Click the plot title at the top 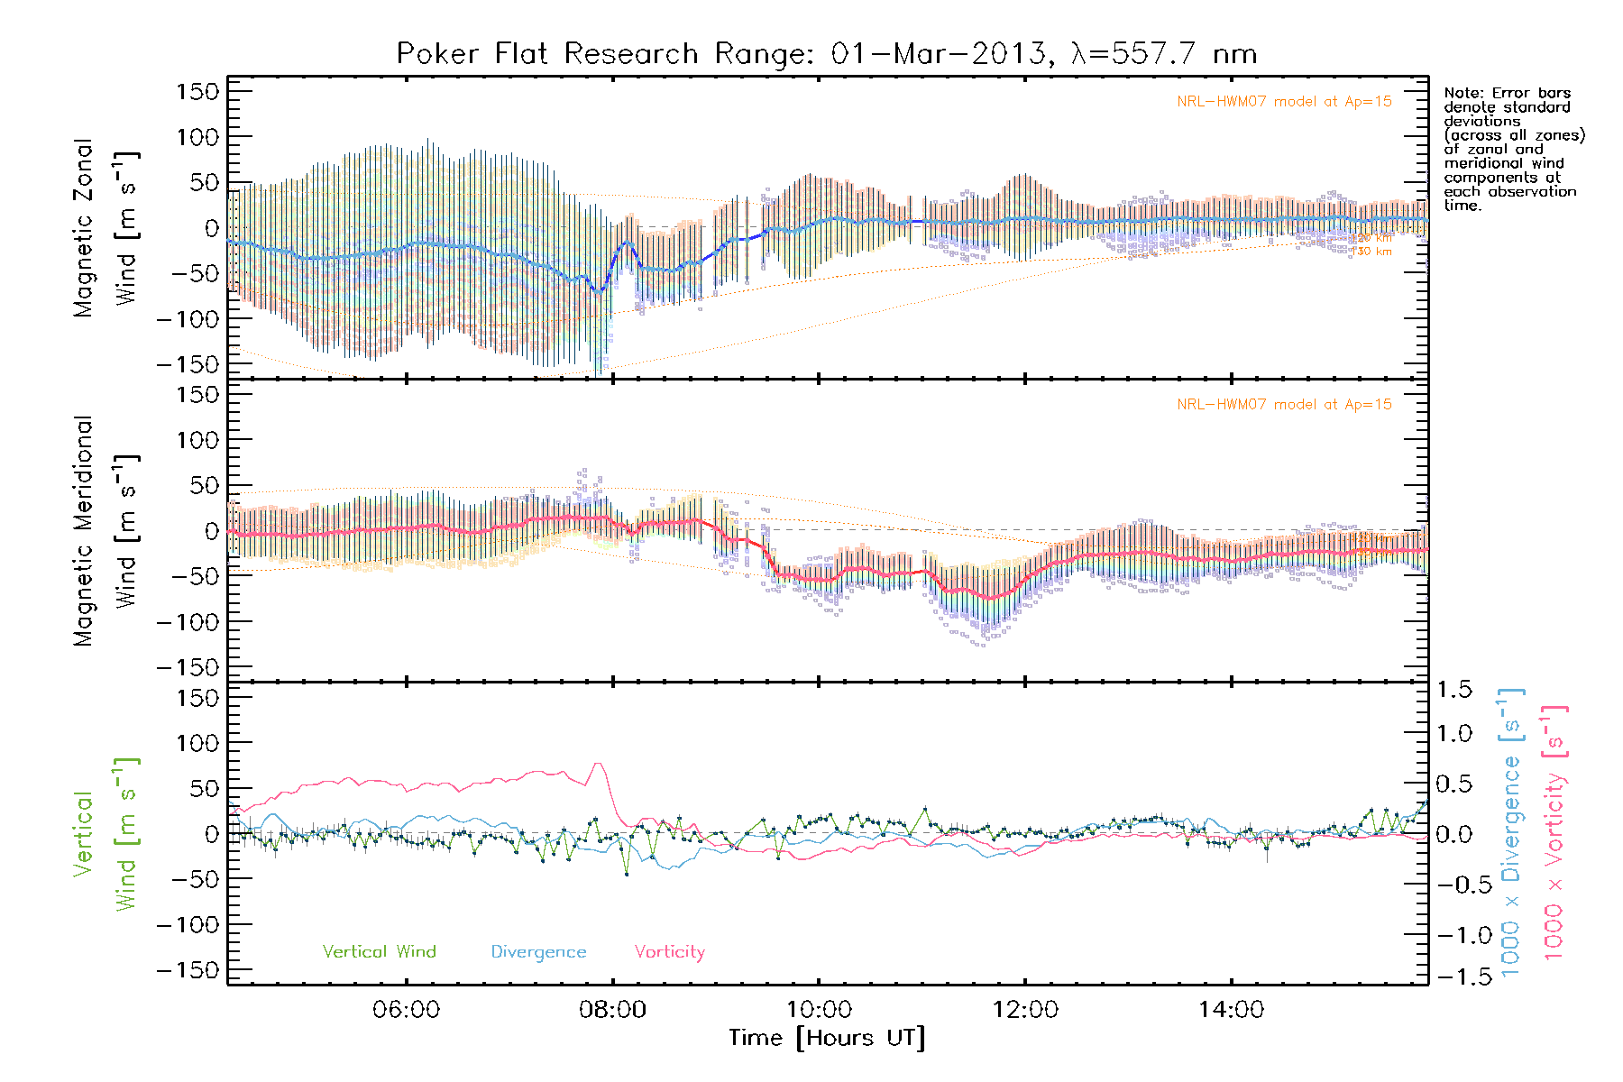826,53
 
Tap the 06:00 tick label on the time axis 407,1009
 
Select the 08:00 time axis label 612,1009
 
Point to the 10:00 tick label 819,1009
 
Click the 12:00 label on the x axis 1025,1009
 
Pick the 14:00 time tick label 1231,1009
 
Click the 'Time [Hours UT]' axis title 826,1038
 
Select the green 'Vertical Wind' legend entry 379,951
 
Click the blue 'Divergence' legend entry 538,951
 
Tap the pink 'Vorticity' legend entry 669,951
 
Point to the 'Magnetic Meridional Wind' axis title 106,531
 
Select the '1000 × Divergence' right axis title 1511,833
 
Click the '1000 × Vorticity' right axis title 1554,833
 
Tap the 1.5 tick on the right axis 1454,690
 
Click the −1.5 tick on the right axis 1454,977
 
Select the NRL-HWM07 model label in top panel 1284,101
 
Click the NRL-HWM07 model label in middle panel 1284,404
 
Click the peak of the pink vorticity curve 598,764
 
